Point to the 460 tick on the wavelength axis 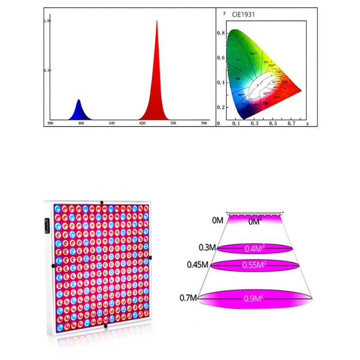[x=81, y=123]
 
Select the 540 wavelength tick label [x=112, y=123]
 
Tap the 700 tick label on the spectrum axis [x=173, y=123]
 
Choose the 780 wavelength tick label [x=204, y=123]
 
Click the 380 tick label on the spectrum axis [x=50, y=123]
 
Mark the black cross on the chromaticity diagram [x=265, y=103]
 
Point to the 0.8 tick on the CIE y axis [x=220, y=33]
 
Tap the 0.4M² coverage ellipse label [x=255, y=248]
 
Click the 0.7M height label [x=188, y=297]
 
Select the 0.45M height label [x=198, y=265]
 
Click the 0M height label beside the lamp [x=218, y=220]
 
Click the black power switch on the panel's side [x=46, y=225]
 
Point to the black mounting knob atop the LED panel [x=102, y=202]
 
